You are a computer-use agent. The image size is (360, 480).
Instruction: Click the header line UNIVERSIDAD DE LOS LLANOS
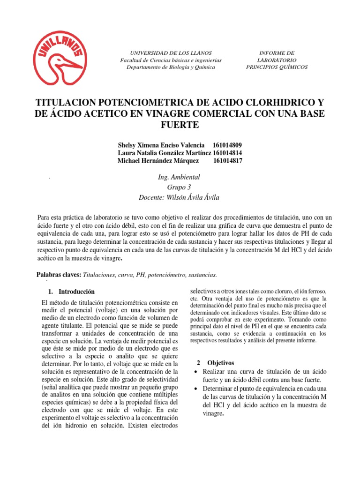pyautogui.click(x=171, y=53)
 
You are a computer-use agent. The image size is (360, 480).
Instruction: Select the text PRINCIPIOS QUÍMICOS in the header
pyautogui.click(x=277, y=67)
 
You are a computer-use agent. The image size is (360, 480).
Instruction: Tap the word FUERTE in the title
pyautogui.click(x=180, y=125)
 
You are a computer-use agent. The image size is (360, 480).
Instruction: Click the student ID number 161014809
pyautogui.click(x=227, y=145)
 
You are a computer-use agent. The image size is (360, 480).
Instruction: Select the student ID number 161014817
pyautogui.click(x=228, y=161)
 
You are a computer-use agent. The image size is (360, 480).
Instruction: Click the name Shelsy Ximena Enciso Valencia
pyautogui.click(x=159, y=145)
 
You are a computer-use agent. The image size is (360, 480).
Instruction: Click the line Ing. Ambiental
pyautogui.click(x=180, y=177)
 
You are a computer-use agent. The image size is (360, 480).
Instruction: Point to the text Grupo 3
pyautogui.click(x=180, y=187)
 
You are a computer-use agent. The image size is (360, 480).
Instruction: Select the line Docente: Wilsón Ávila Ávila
pyautogui.click(x=180, y=197)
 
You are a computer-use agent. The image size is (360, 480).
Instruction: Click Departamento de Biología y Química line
pyautogui.click(x=171, y=67)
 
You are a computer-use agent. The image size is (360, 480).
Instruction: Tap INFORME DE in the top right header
pyautogui.click(x=277, y=53)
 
